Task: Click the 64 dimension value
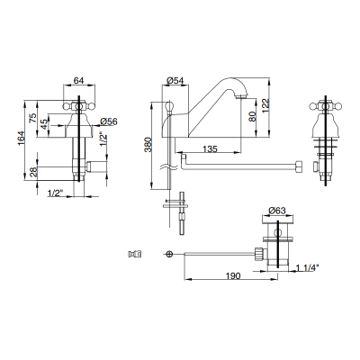coord(78,80)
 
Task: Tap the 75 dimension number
coord(33,117)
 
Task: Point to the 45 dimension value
coord(44,124)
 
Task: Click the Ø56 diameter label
coord(109,121)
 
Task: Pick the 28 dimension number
coord(33,172)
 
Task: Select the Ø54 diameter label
coord(175,80)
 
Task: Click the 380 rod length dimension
coord(148,145)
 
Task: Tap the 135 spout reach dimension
coord(210,148)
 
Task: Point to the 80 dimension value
coord(252,116)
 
